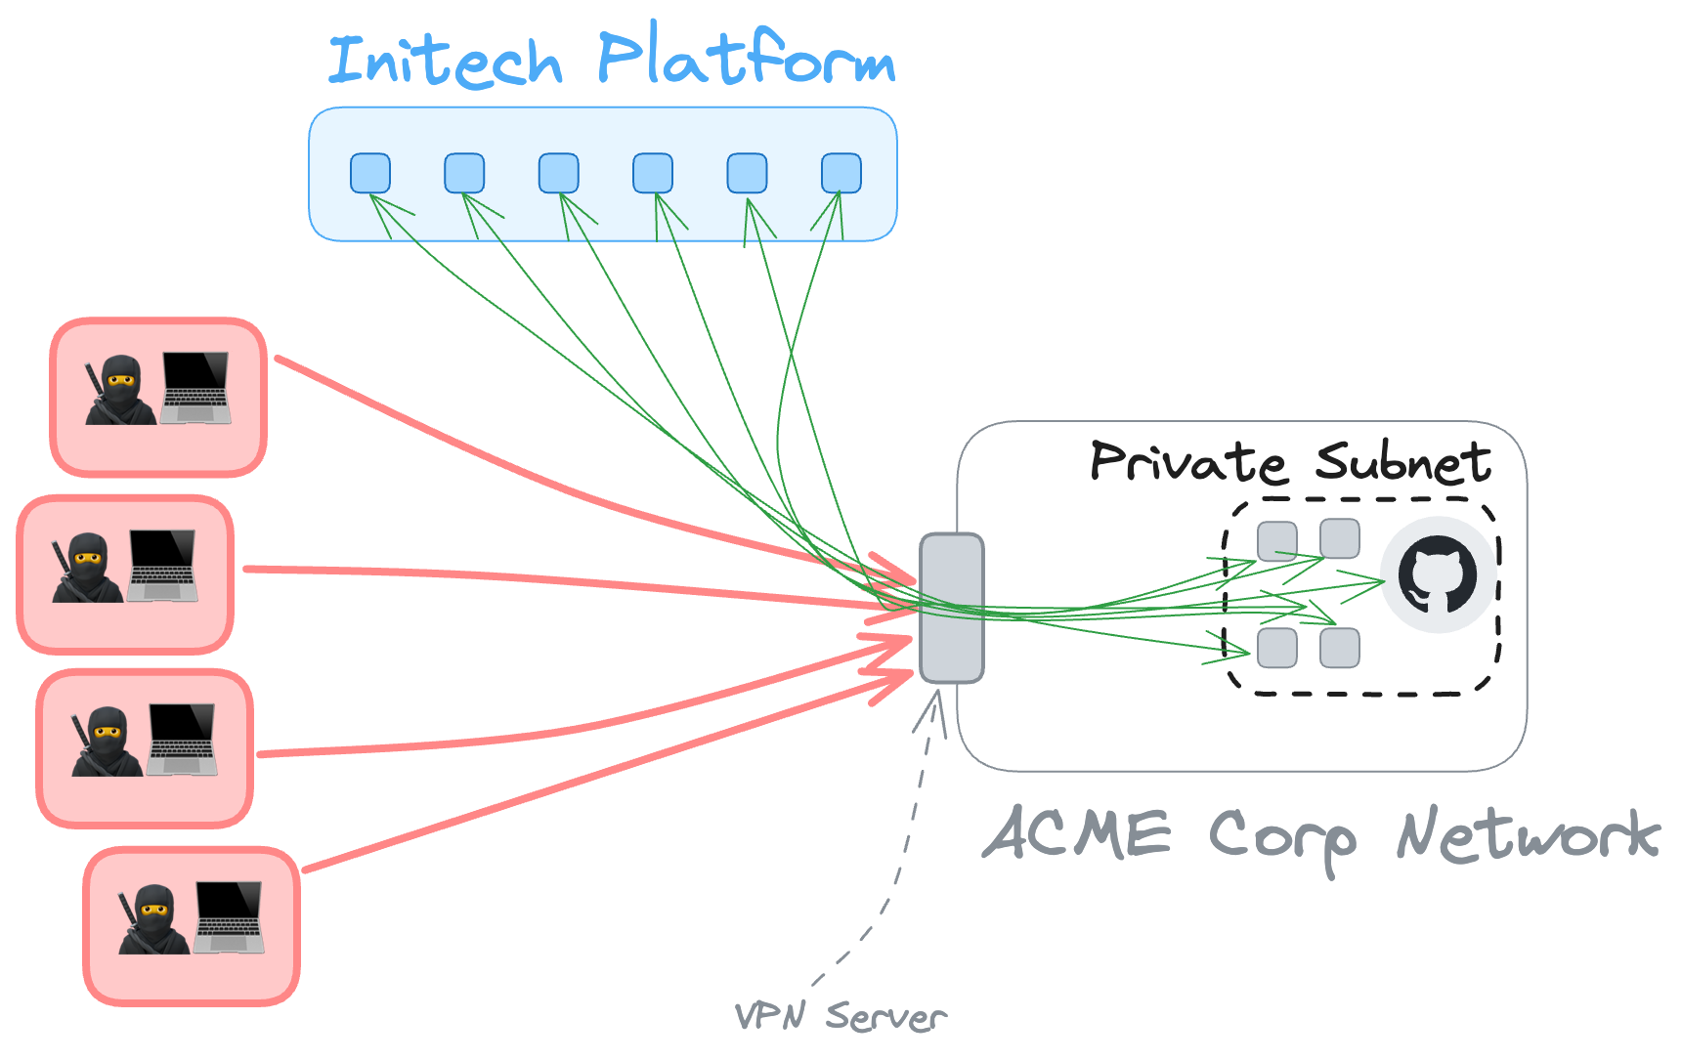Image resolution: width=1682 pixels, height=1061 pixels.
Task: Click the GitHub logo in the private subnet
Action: [x=1437, y=574]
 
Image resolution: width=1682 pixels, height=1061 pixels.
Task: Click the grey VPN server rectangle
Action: [x=951, y=607]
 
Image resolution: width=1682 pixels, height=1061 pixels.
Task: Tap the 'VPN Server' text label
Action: [x=841, y=1016]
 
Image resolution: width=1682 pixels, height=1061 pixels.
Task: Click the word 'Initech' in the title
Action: [x=445, y=61]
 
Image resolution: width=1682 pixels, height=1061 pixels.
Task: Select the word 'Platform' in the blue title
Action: [x=746, y=59]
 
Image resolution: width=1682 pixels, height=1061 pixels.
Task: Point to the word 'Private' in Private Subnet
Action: [x=1187, y=461]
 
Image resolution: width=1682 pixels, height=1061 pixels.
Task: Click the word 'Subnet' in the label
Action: [x=1402, y=461]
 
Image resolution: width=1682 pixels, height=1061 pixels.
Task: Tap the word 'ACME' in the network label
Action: [x=1077, y=834]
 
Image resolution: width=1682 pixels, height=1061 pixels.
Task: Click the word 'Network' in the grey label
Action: [x=1528, y=836]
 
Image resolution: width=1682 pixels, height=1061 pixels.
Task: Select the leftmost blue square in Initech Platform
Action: [x=370, y=173]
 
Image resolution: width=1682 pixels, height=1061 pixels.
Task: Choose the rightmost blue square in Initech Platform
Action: [x=841, y=173]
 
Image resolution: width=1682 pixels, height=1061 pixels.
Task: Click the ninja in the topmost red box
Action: [x=120, y=390]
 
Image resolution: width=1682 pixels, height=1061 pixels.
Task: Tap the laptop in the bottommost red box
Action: [x=229, y=917]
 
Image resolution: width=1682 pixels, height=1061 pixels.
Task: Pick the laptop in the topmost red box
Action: [x=195, y=388]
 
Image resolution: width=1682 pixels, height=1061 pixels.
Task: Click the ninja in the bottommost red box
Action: [x=153, y=919]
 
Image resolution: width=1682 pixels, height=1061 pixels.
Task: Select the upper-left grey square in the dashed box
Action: [x=1276, y=540]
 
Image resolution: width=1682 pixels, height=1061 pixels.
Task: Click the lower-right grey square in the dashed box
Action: [x=1339, y=648]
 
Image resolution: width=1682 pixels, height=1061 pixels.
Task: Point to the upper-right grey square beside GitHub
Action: [x=1339, y=538]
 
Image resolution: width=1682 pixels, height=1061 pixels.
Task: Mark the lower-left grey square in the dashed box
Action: [x=1276, y=648]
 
